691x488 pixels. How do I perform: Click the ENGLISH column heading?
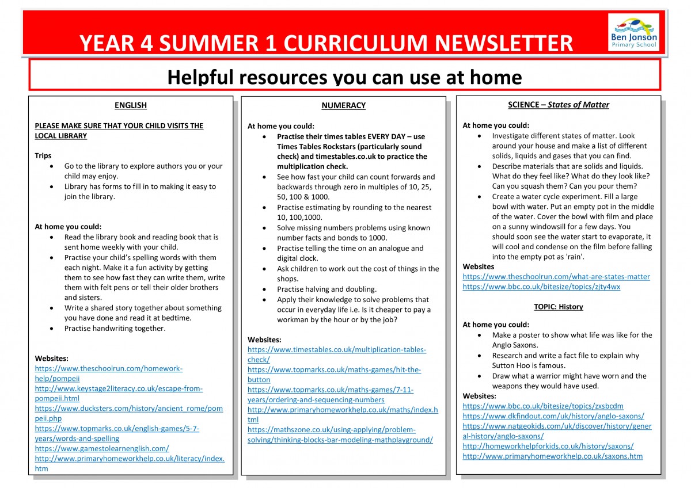[131, 105]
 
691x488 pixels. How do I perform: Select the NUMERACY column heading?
[343, 105]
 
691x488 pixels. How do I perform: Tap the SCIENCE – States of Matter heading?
[558, 105]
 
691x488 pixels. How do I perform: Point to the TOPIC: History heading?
[558, 307]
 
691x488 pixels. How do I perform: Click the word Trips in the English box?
[43, 155]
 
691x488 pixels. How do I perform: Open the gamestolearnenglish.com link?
[102, 448]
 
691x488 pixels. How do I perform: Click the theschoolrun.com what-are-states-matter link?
[556, 276]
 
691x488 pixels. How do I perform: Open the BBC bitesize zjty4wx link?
[541, 287]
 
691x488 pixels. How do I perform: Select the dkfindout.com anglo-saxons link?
[553, 416]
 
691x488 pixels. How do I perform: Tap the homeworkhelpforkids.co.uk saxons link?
[548, 446]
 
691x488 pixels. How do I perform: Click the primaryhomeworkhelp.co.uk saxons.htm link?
[553, 456]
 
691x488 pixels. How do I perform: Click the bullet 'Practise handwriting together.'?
[115, 329]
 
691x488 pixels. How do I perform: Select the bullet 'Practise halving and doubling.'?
[326, 289]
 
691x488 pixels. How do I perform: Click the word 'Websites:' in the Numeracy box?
[265, 340]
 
